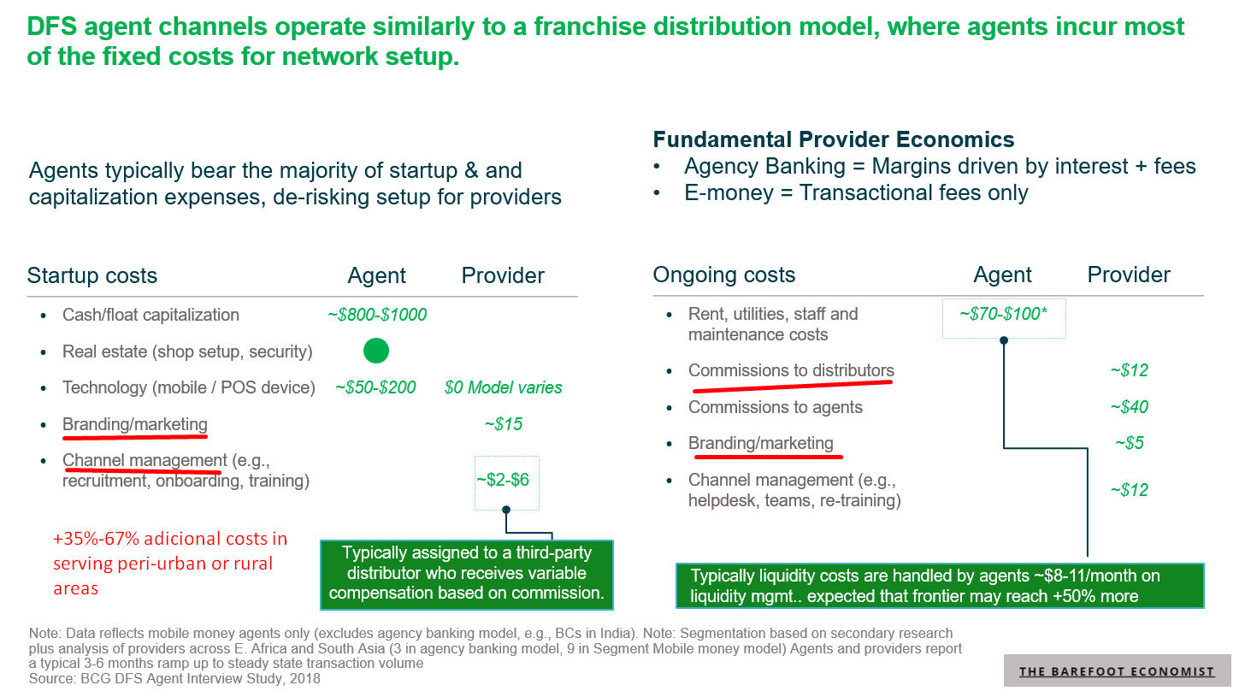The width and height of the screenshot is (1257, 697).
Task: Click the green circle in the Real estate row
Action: tap(376, 351)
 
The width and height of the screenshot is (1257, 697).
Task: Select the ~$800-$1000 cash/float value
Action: tap(377, 315)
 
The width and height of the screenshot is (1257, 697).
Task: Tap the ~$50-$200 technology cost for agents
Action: tap(375, 387)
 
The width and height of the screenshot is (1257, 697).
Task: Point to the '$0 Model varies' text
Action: tap(503, 387)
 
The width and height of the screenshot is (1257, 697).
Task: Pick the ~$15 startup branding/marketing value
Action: tap(503, 424)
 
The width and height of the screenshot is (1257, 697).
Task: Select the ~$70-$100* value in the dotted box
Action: tap(1003, 315)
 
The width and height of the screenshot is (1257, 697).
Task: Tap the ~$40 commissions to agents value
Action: tap(1129, 407)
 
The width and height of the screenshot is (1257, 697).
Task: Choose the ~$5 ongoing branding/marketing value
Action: tap(1129, 443)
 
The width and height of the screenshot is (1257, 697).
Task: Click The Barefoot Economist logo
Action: tap(1117, 671)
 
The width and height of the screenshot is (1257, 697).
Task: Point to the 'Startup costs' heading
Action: tap(92, 275)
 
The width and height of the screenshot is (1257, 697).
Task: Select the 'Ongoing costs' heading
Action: tap(723, 275)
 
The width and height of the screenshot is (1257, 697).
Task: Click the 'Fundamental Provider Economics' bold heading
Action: tap(833, 139)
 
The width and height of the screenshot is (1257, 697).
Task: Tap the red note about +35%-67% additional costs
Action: tap(169, 563)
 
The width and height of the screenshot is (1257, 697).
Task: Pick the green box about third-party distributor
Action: tap(466, 574)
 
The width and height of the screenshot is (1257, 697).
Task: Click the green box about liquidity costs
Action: tap(939, 586)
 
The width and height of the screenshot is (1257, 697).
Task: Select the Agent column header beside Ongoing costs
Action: tap(1002, 275)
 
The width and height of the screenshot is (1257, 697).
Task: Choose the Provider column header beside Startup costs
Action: tap(503, 275)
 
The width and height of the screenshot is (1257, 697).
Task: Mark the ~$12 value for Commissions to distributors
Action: tap(1129, 370)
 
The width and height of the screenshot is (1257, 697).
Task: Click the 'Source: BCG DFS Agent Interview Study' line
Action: tap(174, 679)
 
